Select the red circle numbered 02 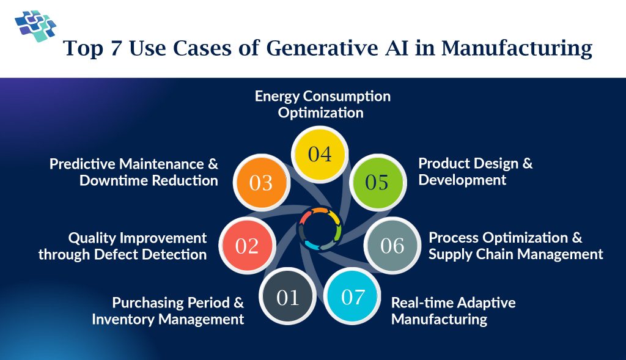click(x=247, y=246)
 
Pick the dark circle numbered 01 click(x=287, y=298)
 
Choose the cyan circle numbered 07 click(x=352, y=298)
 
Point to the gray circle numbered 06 click(x=392, y=246)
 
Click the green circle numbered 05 click(x=377, y=182)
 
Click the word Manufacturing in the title click(x=517, y=49)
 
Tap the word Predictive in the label click(x=83, y=164)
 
